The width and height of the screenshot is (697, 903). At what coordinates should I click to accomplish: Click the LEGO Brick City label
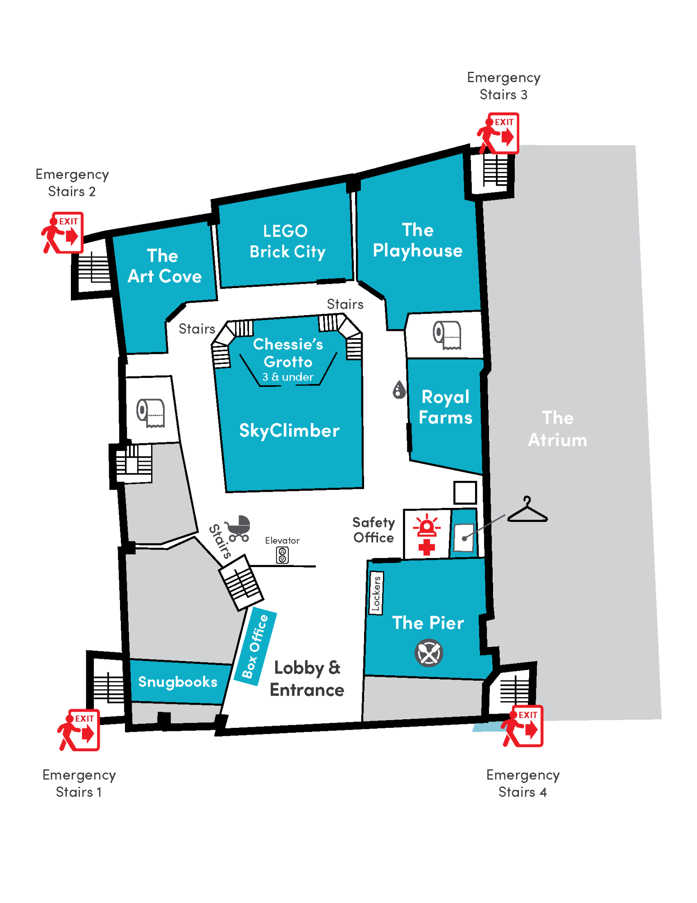coord(287,242)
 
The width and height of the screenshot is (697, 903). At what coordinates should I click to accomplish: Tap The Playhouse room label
coord(417,240)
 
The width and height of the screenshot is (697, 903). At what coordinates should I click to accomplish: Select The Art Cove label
coord(164,266)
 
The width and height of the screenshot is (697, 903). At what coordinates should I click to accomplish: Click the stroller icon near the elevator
coord(238,528)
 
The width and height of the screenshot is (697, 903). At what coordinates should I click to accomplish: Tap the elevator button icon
coord(282,555)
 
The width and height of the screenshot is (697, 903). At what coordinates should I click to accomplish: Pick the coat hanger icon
coord(527,511)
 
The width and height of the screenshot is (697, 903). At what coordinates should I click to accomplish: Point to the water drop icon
coord(399,390)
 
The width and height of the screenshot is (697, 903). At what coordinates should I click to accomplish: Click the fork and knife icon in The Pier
coord(429,653)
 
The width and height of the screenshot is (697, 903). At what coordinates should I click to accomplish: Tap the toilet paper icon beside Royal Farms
coord(447,335)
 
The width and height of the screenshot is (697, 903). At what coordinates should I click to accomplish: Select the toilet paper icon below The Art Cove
coord(151,413)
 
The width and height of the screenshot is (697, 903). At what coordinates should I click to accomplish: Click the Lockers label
coord(376,593)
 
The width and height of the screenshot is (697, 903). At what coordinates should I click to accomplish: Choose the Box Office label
coord(255,646)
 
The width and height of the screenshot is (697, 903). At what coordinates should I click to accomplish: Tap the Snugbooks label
coord(178,681)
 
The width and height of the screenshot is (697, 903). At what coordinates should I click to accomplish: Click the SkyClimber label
coord(289,431)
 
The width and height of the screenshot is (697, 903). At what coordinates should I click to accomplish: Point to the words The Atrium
coord(558,429)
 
